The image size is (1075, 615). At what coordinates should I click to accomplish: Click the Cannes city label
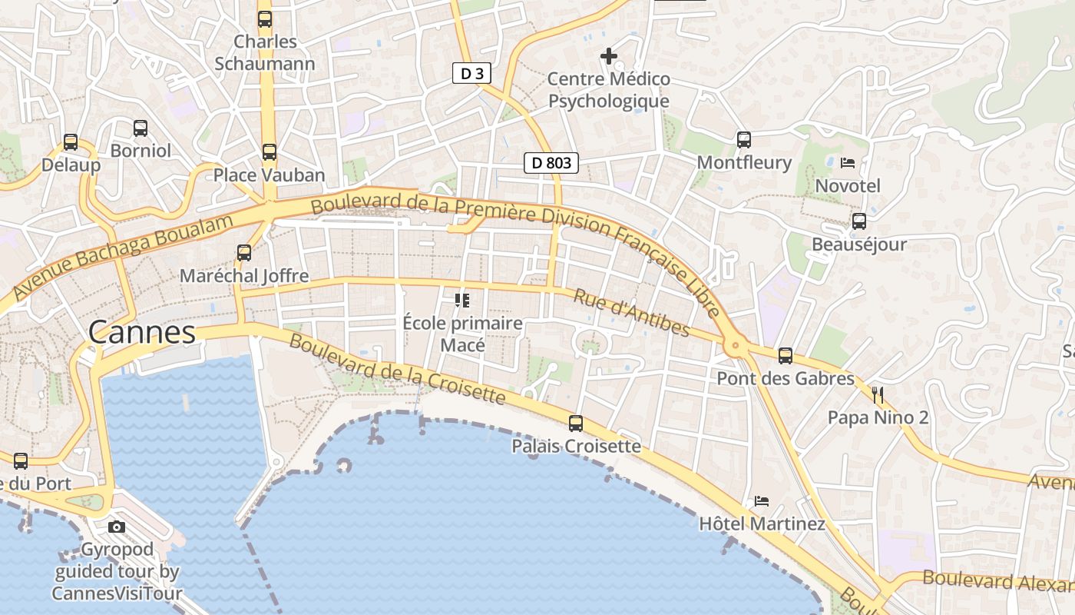click(x=142, y=332)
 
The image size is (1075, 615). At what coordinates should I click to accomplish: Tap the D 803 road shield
click(x=551, y=162)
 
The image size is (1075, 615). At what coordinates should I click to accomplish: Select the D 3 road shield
click(x=471, y=73)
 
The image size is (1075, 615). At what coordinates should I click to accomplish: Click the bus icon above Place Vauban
click(x=269, y=151)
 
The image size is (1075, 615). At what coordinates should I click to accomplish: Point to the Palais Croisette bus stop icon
click(x=576, y=423)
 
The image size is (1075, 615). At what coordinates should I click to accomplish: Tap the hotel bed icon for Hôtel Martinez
click(x=761, y=501)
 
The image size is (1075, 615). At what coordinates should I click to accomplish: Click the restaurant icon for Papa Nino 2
click(x=878, y=395)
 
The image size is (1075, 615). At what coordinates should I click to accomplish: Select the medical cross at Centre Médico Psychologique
click(x=609, y=56)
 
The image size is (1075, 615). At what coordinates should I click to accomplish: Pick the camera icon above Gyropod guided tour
click(x=117, y=527)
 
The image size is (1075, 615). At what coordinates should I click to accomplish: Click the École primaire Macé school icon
click(x=462, y=300)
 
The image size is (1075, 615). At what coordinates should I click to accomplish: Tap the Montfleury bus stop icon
click(x=743, y=139)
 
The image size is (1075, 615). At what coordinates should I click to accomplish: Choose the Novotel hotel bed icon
click(x=848, y=162)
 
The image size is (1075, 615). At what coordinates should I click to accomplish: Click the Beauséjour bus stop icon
click(x=858, y=221)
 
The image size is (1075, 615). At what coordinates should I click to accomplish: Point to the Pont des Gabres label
click(x=786, y=378)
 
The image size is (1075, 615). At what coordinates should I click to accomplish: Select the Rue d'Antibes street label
click(x=632, y=313)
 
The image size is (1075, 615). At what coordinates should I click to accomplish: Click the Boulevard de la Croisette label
click(x=397, y=370)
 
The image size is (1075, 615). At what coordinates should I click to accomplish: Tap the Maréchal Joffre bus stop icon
click(x=244, y=252)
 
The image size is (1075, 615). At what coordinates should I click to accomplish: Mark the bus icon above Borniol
click(x=141, y=128)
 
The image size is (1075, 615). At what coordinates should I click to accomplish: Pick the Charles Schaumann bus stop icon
click(x=265, y=18)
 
